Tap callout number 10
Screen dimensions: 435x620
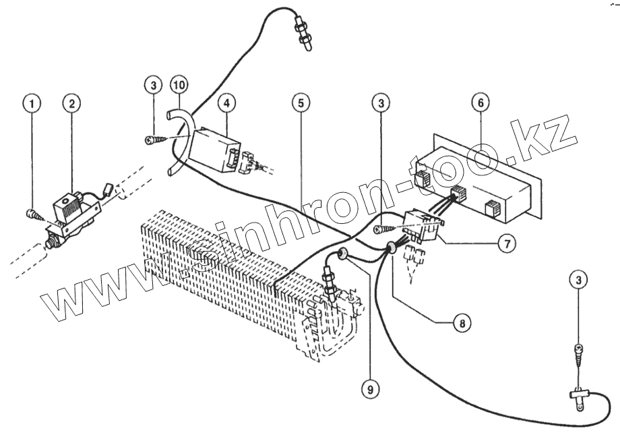pos(180,85)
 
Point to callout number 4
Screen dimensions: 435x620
pos(227,103)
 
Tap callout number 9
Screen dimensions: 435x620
pos(369,388)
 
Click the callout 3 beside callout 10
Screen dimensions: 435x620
pos(154,85)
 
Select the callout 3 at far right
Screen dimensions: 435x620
pos(578,278)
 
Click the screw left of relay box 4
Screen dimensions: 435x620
pos(154,140)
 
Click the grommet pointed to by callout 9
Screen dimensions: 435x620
pos(342,254)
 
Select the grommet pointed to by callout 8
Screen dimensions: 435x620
pos(390,250)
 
